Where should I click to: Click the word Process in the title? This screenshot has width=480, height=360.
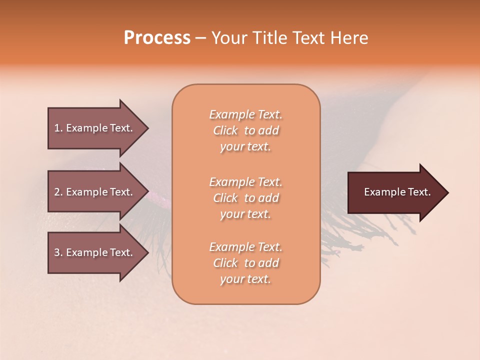click(157, 38)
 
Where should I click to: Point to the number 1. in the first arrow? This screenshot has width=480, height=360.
click(58, 128)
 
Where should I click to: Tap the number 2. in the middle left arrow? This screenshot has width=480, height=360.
click(58, 192)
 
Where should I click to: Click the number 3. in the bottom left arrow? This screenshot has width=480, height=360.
click(58, 252)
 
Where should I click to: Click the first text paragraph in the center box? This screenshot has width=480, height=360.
click(246, 130)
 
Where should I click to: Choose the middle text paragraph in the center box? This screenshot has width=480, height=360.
click(246, 197)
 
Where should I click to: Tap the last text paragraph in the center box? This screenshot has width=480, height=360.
click(246, 263)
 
